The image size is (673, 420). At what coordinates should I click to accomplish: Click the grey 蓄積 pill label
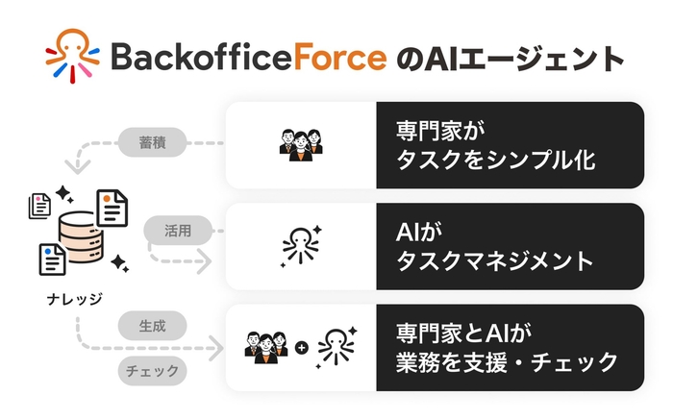146,145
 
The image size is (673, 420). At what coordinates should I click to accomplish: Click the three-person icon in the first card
301,145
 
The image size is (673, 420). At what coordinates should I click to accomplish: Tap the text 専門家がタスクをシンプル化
495,145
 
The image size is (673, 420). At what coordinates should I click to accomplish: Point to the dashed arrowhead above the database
75,166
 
